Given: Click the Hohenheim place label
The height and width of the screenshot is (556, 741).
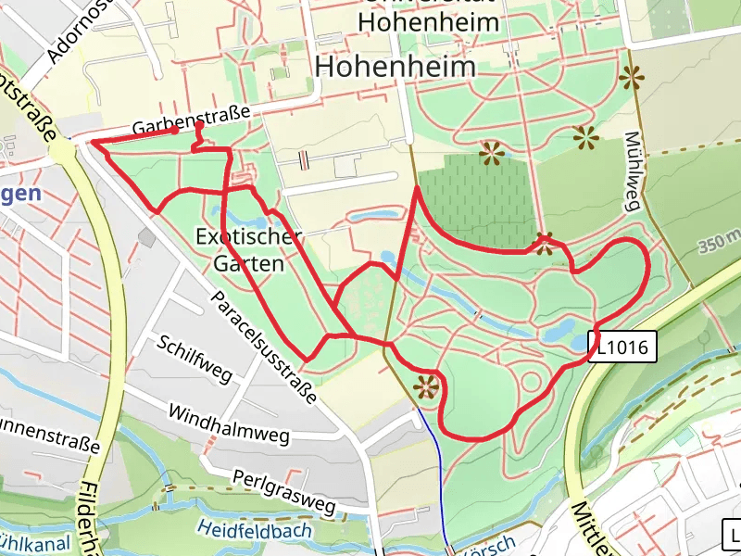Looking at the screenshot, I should [x=395, y=67].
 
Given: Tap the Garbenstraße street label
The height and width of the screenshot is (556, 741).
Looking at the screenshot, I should [x=192, y=120].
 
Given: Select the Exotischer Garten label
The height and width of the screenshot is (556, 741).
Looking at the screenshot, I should [x=248, y=249].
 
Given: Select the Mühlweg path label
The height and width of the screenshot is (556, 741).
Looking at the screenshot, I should [x=634, y=171].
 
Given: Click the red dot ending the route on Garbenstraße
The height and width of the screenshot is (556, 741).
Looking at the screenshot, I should [x=174, y=130].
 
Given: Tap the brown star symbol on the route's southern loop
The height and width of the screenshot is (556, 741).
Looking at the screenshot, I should [x=426, y=386].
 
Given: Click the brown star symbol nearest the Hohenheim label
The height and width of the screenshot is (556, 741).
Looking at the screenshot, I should [x=491, y=153].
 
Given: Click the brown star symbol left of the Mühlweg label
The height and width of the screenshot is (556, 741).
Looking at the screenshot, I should [x=585, y=138].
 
